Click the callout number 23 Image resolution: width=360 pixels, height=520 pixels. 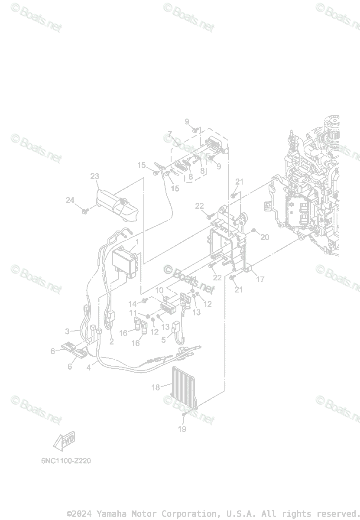(95, 176)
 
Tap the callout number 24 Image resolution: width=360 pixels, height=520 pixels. (70, 200)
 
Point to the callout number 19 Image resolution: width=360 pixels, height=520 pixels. (182, 429)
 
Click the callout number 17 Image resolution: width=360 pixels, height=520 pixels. (260, 279)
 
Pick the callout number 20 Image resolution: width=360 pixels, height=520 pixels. (265, 237)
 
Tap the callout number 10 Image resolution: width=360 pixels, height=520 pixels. (159, 290)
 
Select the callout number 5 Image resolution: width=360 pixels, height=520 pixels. (164, 340)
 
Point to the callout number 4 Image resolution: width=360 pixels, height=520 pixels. (89, 368)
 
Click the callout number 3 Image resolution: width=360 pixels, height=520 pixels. (68, 331)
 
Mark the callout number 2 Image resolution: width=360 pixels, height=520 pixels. (111, 342)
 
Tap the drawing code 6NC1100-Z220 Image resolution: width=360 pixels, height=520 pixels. (66, 461)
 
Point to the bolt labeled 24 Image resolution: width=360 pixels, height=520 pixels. (86, 211)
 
